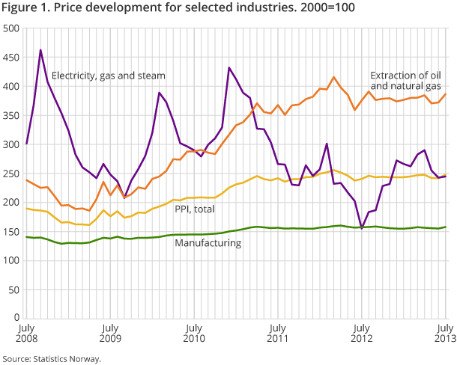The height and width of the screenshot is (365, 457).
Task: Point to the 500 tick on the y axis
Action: pos(10,28)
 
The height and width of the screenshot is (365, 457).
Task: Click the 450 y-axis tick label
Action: pos(10,58)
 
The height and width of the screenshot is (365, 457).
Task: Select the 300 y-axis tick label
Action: pos(10,144)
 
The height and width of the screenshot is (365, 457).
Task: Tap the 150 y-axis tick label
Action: pos(10,231)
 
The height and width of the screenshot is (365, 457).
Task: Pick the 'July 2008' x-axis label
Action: pos(25,332)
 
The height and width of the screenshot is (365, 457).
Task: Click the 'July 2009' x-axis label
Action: pos(109,332)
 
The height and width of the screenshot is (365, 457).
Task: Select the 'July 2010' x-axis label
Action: pos(193,332)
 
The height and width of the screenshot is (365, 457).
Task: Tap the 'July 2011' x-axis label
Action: pos(278,332)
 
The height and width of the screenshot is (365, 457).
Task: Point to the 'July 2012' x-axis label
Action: pos(362,332)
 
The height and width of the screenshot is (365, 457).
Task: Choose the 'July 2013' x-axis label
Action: pos(446,332)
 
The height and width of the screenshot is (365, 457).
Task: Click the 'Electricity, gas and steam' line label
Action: pos(108,76)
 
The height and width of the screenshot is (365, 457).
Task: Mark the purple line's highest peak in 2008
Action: pos(40,50)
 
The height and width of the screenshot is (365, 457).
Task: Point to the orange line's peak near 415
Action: pos(334,77)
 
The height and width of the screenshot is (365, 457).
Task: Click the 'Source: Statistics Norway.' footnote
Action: pos(51,358)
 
